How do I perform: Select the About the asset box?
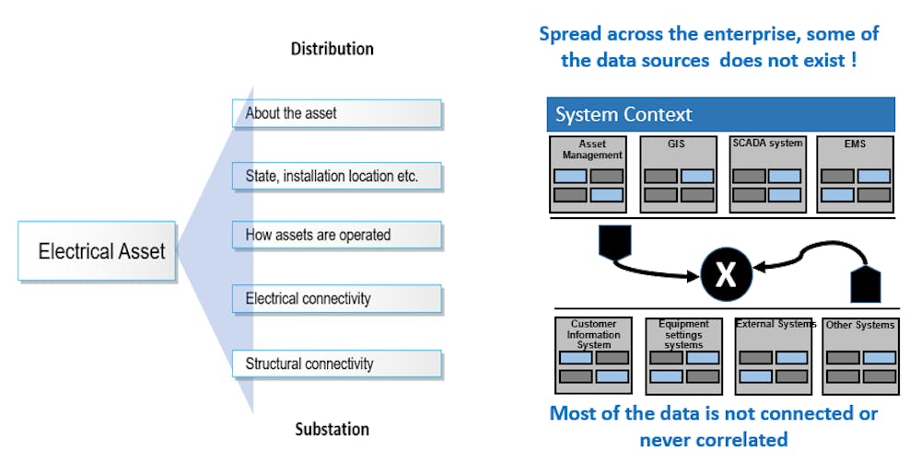(336, 113)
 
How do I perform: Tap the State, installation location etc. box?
(336, 175)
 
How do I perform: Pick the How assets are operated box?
(336, 236)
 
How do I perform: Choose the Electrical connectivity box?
(336, 298)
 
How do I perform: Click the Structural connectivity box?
(336, 364)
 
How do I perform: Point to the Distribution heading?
(332, 48)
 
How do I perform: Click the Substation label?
(332, 429)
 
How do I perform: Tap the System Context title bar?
(721, 115)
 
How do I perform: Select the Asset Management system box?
(589, 174)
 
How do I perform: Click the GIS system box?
(676, 174)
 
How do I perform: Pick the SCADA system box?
(766, 174)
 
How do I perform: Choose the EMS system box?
(854, 174)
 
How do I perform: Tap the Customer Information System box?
(593, 355)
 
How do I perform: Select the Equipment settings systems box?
(683, 355)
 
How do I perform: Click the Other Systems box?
(859, 355)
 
